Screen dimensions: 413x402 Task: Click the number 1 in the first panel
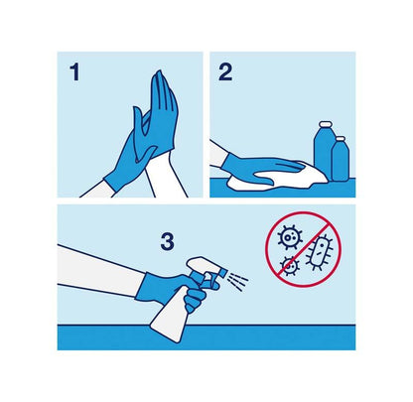tap(75, 72)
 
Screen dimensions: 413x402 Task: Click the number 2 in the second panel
tap(225, 72)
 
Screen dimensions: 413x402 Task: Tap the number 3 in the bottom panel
tap(168, 241)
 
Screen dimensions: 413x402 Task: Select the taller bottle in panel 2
tap(324, 151)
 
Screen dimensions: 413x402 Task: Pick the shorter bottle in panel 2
tap(341, 159)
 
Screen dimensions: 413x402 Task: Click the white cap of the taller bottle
tap(325, 124)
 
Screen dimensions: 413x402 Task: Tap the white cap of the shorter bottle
tap(341, 138)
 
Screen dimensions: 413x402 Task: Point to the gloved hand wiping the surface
tap(261, 169)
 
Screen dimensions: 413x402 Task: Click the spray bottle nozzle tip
tap(223, 273)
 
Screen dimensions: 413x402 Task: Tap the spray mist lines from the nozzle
tap(237, 281)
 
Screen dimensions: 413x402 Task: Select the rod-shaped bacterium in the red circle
tap(319, 252)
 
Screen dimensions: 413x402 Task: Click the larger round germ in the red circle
tap(290, 237)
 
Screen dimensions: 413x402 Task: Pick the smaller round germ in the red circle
tap(290, 265)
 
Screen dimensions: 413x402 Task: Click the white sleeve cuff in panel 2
tap(216, 153)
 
